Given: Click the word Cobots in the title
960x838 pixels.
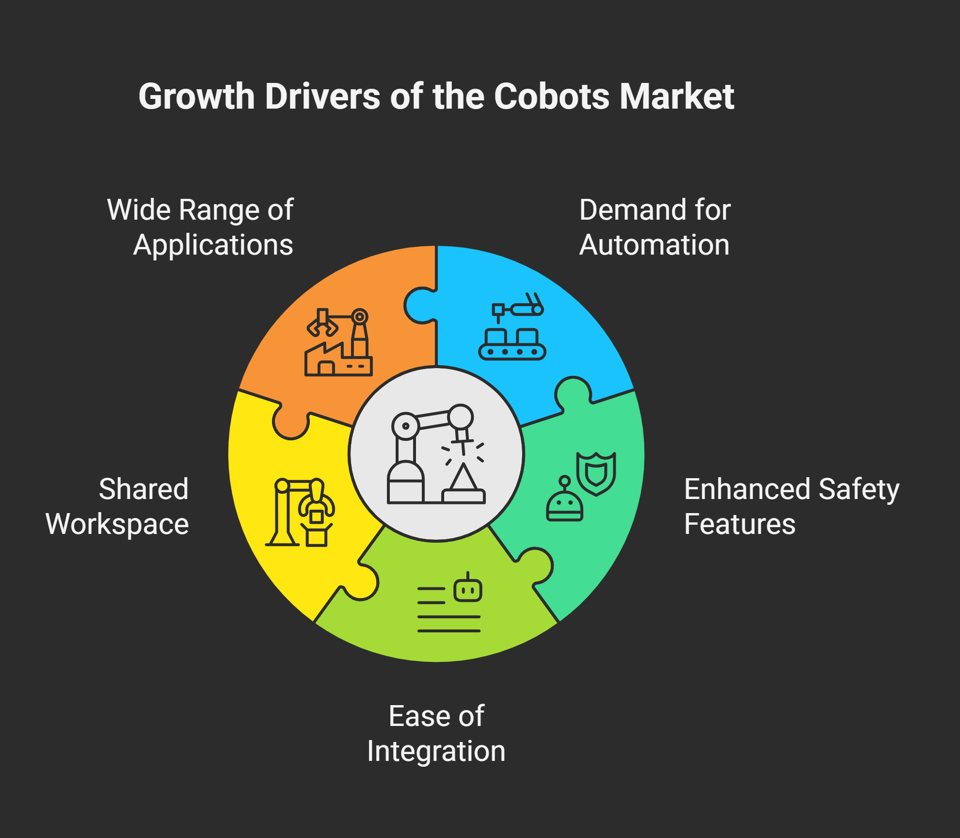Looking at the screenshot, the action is coord(553,96).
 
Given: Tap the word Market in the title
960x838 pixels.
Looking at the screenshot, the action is coord(677,96).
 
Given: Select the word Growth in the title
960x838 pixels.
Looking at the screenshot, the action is coord(197,96).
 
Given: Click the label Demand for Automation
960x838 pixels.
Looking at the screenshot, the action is coord(655,227).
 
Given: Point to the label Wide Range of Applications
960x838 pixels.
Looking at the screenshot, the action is coord(200,227).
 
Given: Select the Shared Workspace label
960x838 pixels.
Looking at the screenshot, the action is coord(117,507).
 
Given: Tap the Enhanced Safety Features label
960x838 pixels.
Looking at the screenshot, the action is coord(792,507).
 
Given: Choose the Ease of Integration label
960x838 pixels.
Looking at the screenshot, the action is coord(436,733).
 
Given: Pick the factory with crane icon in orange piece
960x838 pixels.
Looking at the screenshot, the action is coord(338,342).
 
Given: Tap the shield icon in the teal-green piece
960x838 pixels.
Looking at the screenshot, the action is coord(596,473).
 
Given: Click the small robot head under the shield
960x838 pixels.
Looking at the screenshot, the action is coord(564,500).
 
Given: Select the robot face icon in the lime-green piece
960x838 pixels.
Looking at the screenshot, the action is coord(468,588).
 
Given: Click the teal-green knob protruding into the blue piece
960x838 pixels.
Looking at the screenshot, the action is coord(574,393).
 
